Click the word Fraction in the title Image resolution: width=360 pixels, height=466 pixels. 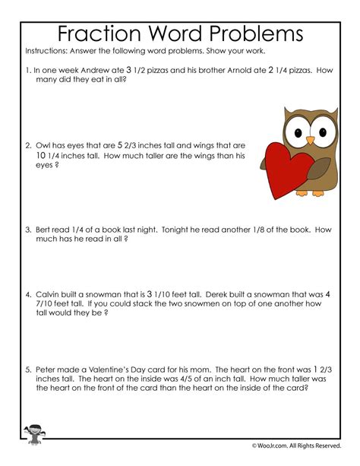coord(99,35)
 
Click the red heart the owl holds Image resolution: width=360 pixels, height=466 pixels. coord(286,174)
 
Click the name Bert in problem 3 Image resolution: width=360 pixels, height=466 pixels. coord(45,229)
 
